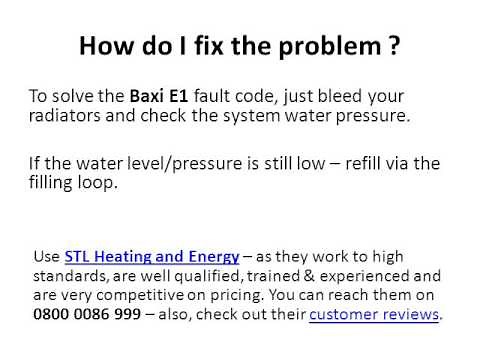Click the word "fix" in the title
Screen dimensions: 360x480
[x=201, y=46]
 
